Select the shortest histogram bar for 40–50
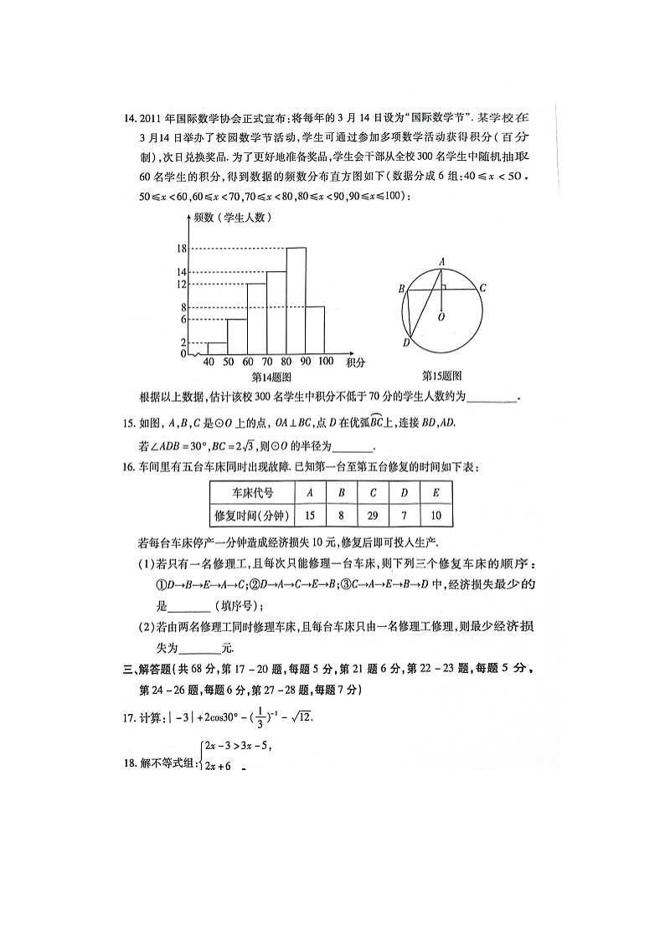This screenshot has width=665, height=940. tap(217, 348)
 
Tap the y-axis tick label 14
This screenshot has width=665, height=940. tap(181, 272)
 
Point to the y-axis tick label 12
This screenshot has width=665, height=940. tap(181, 285)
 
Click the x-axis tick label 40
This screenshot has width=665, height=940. tap(208, 362)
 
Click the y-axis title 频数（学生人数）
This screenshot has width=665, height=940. tap(232, 218)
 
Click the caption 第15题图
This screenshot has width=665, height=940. tap(441, 377)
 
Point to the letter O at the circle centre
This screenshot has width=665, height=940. tap(441, 317)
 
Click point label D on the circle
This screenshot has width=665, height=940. tap(405, 342)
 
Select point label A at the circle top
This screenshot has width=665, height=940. tap(441, 261)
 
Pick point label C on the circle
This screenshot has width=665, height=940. tap(482, 288)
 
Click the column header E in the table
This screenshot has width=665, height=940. tap(436, 493)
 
